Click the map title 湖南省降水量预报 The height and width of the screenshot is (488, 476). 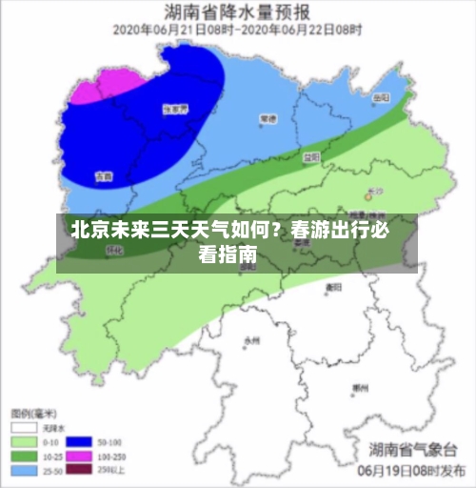coord(237,12)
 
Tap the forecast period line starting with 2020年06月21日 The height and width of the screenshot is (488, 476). coord(237,30)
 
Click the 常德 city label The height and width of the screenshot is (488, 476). coord(268,120)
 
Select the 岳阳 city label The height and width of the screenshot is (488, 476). coord(381,98)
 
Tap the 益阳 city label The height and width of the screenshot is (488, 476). coord(310,155)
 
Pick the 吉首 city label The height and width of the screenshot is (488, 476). coord(103,176)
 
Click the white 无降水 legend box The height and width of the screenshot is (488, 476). coord(22,429)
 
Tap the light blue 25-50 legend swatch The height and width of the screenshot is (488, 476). coord(22,471)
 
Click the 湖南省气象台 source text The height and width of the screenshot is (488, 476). coord(414,449)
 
